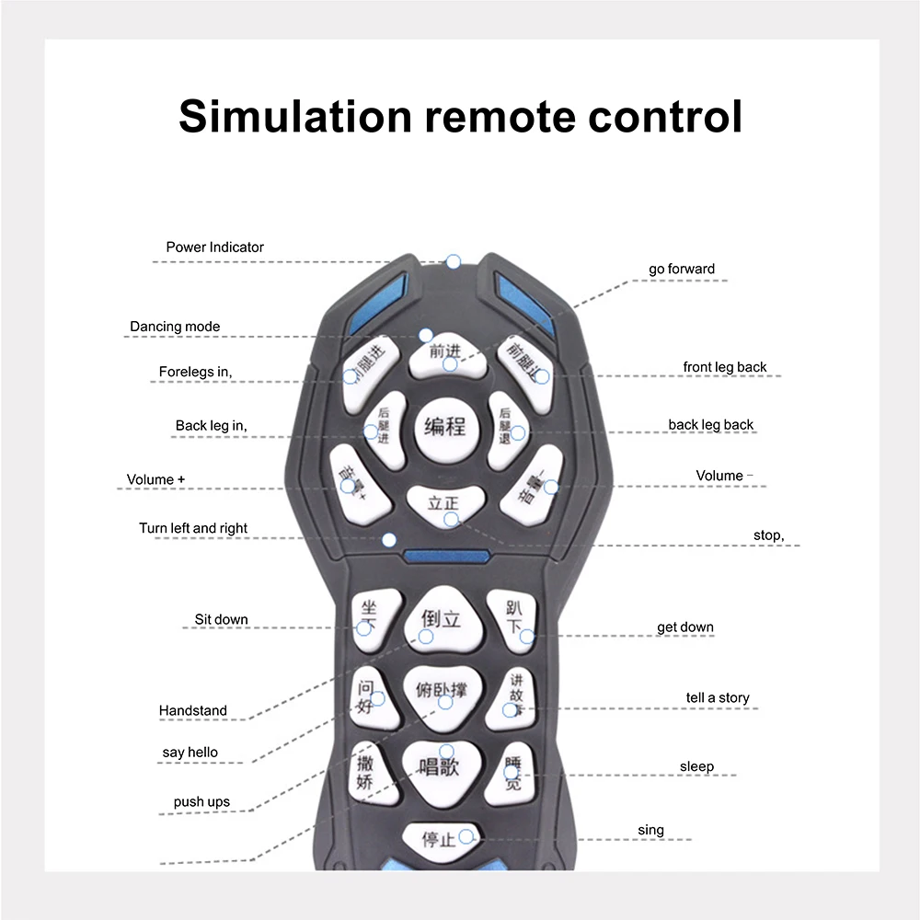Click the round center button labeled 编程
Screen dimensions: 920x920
point(445,429)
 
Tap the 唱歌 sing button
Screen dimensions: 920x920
point(440,765)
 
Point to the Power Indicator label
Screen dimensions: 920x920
point(214,247)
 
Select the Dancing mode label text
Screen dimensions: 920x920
point(175,327)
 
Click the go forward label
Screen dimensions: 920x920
point(681,269)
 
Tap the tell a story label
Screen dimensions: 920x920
point(718,697)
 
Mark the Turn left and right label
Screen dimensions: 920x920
point(193,528)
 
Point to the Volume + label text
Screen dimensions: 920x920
point(155,479)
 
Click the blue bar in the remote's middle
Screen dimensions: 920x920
point(445,557)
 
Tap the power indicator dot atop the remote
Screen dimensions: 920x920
point(453,262)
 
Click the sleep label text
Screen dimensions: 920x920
point(696,766)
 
